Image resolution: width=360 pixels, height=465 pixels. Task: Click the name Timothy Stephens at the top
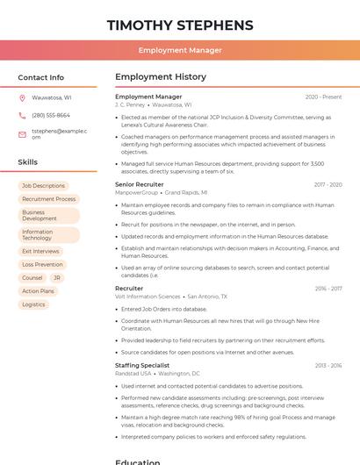[x=180, y=25]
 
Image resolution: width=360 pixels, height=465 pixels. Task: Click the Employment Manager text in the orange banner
[x=180, y=50]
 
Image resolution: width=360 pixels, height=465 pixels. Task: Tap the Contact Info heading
[x=41, y=77]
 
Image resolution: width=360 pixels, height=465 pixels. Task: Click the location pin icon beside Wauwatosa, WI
[x=22, y=97]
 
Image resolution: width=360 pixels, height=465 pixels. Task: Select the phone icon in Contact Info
[x=22, y=115]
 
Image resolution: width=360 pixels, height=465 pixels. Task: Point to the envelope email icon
[x=22, y=134]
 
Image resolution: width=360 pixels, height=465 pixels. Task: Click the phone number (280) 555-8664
[x=51, y=115]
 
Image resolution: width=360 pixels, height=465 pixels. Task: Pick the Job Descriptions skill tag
[x=43, y=186]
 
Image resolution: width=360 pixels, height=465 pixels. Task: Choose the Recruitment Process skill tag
[x=48, y=199]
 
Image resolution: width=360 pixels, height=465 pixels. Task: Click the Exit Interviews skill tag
[x=40, y=251]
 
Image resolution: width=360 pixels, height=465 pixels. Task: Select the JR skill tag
[x=56, y=277]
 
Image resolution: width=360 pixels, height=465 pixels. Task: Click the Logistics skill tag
[x=33, y=304]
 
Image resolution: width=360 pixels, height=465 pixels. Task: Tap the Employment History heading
[x=161, y=77]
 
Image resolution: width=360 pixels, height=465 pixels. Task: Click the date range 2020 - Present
[x=323, y=97]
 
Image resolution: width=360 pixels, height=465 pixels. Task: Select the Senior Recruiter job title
[x=139, y=184]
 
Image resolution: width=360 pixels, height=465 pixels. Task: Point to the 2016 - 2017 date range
[x=328, y=288]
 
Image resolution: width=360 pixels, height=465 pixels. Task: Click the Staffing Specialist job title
[x=142, y=365]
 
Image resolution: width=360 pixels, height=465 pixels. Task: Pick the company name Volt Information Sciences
[x=148, y=297]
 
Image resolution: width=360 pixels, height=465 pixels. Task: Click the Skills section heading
[x=28, y=162]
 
